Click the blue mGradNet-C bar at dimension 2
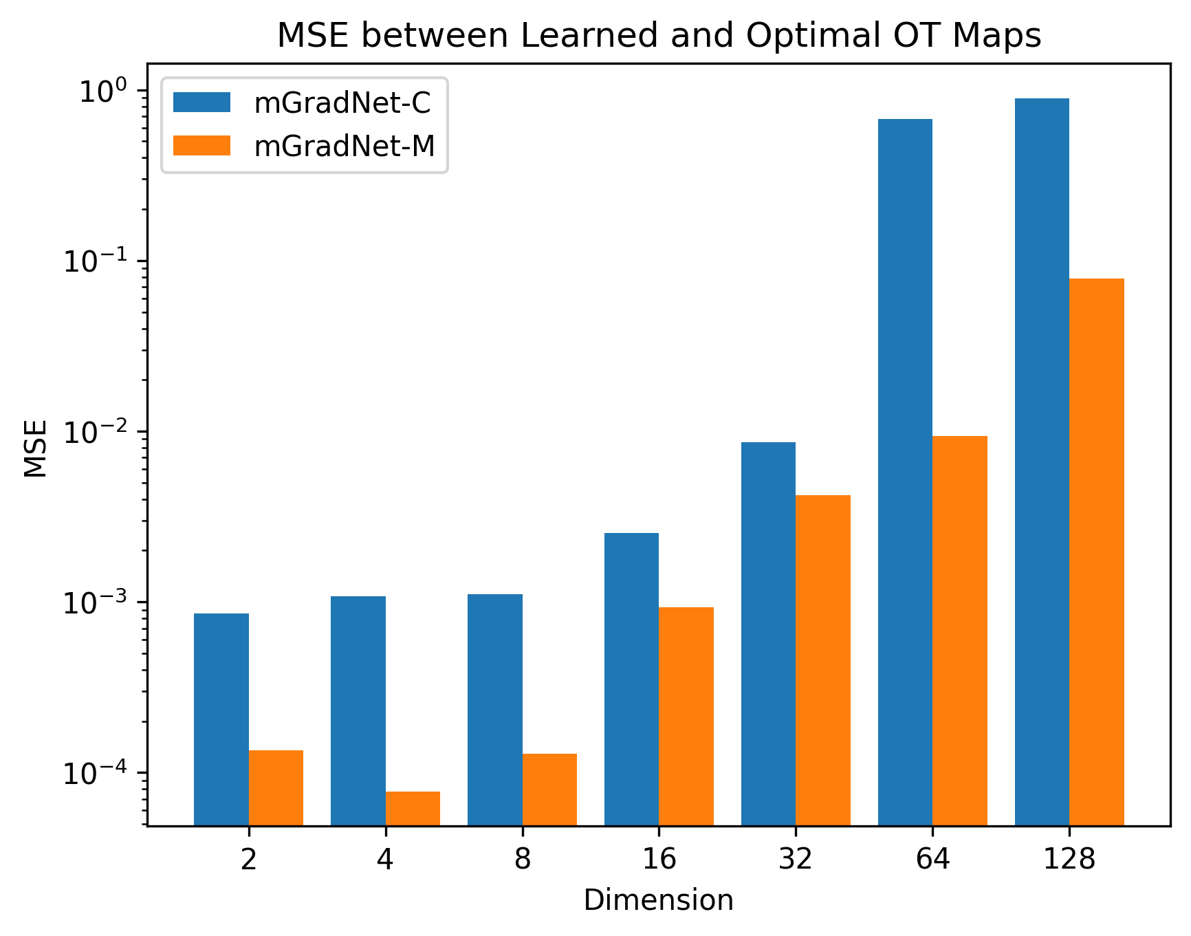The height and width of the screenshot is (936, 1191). tap(221, 719)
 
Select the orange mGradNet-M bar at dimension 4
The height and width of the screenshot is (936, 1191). tap(413, 808)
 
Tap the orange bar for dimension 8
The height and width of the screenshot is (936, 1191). tap(549, 790)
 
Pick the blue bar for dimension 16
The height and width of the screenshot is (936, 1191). tap(631, 679)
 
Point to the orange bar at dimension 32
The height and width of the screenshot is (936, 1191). tap(823, 660)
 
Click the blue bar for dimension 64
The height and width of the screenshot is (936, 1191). tap(905, 472)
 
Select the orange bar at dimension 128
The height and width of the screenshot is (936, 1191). tap(1097, 552)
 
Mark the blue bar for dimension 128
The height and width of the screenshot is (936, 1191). tap(1042, 461)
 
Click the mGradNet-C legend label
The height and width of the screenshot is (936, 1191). tap(342, 103)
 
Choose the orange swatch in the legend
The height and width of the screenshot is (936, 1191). tap(201, 145)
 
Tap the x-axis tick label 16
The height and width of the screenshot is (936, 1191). tap(659, 859)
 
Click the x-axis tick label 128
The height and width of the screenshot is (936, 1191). tap(1069, 859)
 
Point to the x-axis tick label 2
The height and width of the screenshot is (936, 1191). tap(248, 859)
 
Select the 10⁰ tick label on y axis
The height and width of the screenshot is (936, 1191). tap(103, 91)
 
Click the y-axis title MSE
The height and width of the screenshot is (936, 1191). tap(36, 448)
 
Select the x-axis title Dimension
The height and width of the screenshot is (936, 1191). tap(658, 900)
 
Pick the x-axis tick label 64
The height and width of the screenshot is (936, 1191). tap(932, 859)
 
